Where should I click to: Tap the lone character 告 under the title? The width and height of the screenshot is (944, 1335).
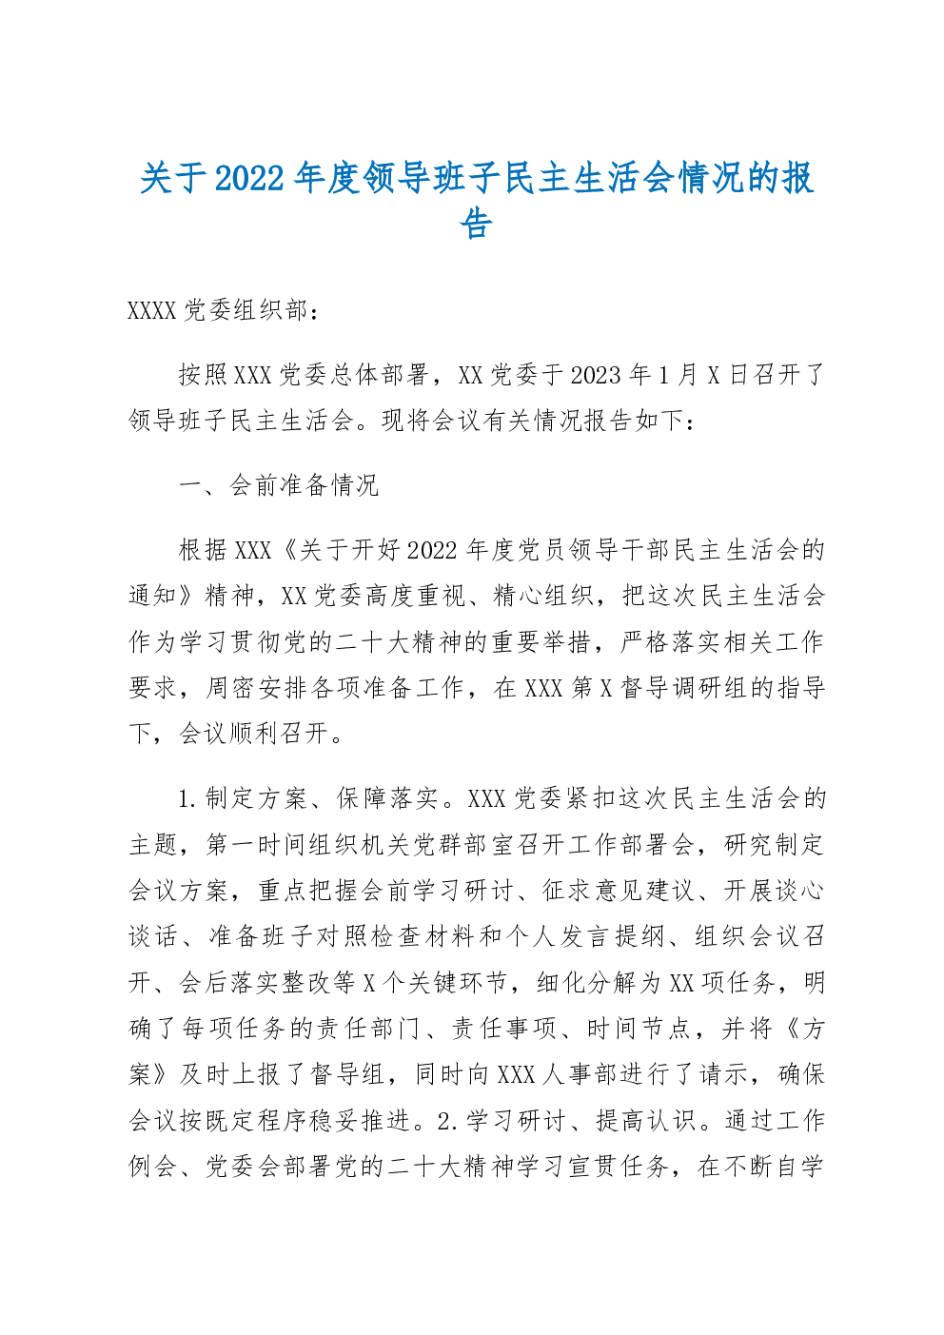[476, 225]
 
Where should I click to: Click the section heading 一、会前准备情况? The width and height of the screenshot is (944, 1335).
[279, 485]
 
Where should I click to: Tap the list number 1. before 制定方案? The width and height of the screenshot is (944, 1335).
[187, 798]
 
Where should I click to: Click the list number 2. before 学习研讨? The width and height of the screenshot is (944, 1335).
[447, 1122]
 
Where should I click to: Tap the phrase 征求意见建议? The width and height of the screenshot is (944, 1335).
[618, 891]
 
